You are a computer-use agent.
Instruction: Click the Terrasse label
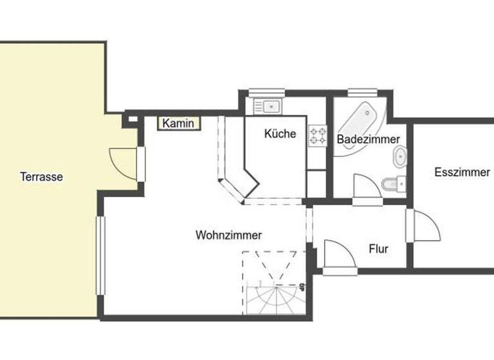click(41, 177)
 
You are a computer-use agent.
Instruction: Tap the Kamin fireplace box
click(178, 123)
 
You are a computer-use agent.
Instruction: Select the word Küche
click(280, 134)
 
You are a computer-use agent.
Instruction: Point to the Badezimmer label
click(369, 139)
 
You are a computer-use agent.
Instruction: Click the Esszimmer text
click(462, 172)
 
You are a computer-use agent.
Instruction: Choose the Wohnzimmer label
click(228, 235)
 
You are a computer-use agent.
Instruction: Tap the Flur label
click(378, 249)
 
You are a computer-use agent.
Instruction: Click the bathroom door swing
click(365, 188)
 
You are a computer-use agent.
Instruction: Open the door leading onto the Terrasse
click(125, 163)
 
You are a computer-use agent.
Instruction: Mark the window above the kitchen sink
click(262, 91)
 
